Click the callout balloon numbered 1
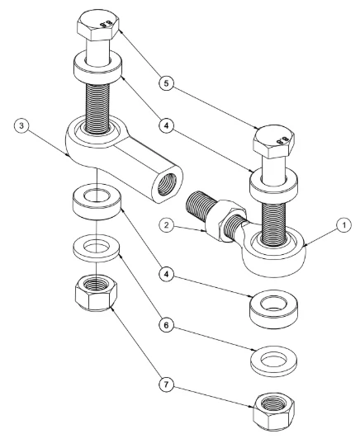344,225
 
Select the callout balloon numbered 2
167,225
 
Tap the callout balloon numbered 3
21,125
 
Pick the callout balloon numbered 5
167,83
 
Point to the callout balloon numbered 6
167,325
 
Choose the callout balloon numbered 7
167,384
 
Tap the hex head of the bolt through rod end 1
273,141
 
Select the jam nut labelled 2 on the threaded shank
226,220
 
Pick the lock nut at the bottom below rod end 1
273,412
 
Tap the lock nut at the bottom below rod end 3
96,293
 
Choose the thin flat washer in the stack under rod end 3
96,248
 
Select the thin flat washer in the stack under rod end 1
273,361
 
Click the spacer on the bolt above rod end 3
98,67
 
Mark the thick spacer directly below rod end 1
273,309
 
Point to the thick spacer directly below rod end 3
97,200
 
